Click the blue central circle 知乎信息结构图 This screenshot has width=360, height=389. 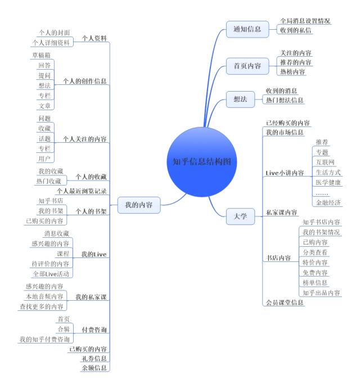(201, 162)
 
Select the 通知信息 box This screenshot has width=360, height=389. (247, 29)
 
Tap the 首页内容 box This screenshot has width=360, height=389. (247, 66)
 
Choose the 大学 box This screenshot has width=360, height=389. (240, 216)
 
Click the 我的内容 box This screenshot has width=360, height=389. (139, 205)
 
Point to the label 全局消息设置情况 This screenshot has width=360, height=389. (305, 21)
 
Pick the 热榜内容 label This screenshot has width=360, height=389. (292, 72)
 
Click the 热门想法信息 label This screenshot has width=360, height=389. (285, 100)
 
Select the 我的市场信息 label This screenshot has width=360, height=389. (285, 132)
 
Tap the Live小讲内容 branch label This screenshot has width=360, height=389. (285, 173)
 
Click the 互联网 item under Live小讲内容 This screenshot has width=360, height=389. (325, 162)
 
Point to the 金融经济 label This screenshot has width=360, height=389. (328, 202)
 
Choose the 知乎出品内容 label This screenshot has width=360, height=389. (321, 293)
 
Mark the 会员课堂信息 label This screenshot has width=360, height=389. (285, 302)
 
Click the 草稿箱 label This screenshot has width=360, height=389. (41, 55)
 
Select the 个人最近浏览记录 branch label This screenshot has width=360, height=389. (82, 191)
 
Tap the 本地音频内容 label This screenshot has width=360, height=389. (44, 296)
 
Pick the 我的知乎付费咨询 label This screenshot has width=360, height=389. (44, 340)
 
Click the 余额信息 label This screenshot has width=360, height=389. (94, 368)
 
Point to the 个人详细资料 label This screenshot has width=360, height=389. (51, 43)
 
